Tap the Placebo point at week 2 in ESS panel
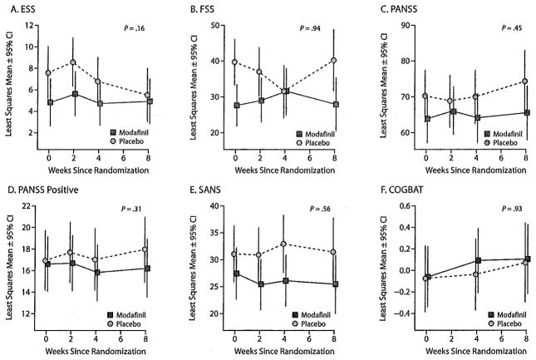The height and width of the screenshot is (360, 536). tap(73, 62)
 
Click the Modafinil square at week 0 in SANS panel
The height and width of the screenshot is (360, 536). tap(235, 274)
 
